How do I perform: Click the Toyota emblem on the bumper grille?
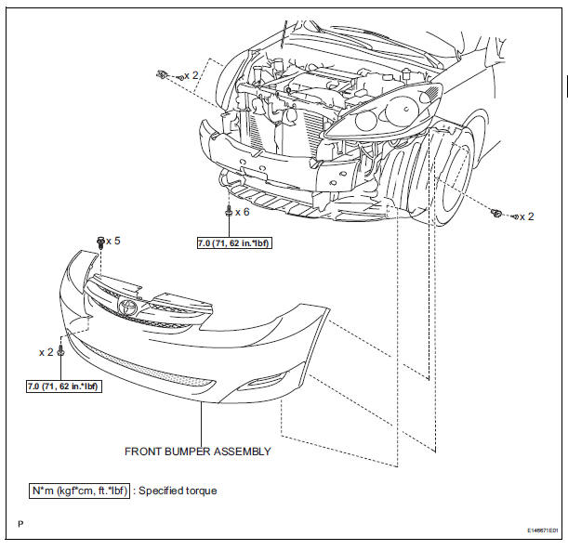(126, 307)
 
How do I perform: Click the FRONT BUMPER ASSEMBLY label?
(198, 452)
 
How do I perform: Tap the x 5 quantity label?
(113, 241)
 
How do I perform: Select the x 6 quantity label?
(243, 212)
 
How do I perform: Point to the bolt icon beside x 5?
(99, 242)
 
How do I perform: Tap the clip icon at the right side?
(498, 215)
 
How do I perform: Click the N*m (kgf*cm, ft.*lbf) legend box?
(80, 490)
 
